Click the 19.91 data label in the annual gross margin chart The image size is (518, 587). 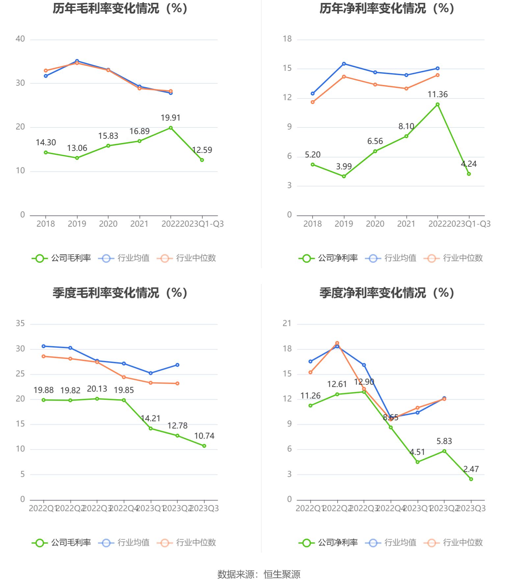pyautogui.click(x=170, y=118)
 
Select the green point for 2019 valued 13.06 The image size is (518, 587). pyautogui.click(x=77, y=158)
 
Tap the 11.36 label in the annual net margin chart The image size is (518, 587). pyautogui.click(x=437, y=95)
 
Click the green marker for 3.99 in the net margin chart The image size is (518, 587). pyautogui.click(x=344, y=177)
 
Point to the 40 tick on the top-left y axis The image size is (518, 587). pyautogui.click(x=20, y=39)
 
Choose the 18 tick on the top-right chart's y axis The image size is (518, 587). pyautogui.click(x=287, y=39)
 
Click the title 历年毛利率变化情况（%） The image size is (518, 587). pyautogui.click(x=120, y=9)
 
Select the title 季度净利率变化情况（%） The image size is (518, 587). pyautogui.click(x=387, y=293)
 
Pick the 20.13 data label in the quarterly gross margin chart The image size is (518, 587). pyautogui.click(x=97, y=389)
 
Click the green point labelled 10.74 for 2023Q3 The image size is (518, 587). pyautogui.click(x=204, y=446)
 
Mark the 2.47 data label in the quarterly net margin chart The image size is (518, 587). pyautogui.click(x=471, y=469)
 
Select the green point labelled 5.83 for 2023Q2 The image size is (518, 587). pyautogui.click(x=444, y=451)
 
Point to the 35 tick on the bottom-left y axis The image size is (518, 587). pyautogui.click(x=20, y=323)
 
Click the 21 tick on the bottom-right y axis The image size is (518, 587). pyautogui.click(x=287, y=323)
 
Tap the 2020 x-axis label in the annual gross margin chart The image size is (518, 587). pyautogui.click(x=108, y=224)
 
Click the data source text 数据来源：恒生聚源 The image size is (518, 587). pyautogui.click(x=259, y=574)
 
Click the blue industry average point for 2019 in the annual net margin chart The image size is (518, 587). pyautogui.click(x=344, y=64)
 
